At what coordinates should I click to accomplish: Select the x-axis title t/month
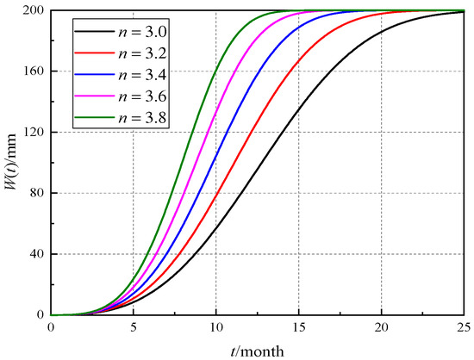tap(257, 350)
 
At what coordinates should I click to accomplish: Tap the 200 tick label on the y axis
tap(34, 11)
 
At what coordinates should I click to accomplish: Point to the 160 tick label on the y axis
tap(34, 71)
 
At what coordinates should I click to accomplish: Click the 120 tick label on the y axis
tap(34, 133)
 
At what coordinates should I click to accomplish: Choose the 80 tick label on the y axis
tap(37, 193)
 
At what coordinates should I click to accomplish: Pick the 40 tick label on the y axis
tap(37, 254)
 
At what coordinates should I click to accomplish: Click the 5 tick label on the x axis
tap(134, 328)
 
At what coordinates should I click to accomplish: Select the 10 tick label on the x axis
tap(215, 328)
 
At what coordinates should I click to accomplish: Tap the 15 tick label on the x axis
tap(298, 328)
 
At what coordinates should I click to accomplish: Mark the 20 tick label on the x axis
tap(380, 328)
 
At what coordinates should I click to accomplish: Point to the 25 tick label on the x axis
tap(462, 328)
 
